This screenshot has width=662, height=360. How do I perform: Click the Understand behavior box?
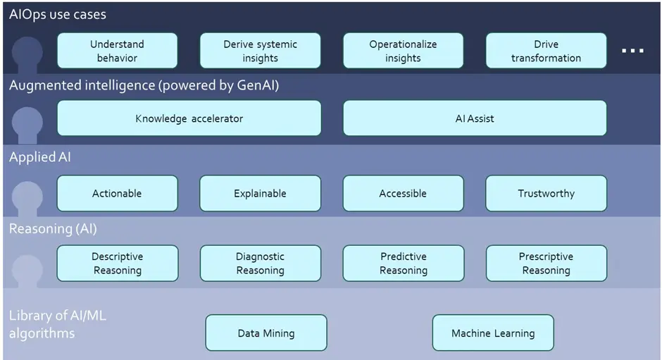(117, 51)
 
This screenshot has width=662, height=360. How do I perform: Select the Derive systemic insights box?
(260, 51)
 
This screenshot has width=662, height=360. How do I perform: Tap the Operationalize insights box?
(403, 51)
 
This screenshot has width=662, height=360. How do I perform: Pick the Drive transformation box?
(546, 51)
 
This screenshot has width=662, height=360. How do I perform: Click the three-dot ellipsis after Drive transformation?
(632, 51)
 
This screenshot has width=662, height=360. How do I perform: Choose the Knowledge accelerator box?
(189, 118)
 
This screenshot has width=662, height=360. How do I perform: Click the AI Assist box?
(474, 118)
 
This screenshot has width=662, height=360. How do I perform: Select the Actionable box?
(117, 193)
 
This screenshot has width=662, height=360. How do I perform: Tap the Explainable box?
(260, 193)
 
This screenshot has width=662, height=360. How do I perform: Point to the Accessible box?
(403, 193)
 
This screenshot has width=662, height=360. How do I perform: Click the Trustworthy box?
(546, 193)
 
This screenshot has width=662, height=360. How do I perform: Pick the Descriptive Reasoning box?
(117, 263)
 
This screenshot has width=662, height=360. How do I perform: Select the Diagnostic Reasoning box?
(260, 263)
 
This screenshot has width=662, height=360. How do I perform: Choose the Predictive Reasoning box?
(403, 263)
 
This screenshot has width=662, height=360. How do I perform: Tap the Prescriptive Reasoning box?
(546, 263)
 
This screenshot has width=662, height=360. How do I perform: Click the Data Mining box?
(266, 333)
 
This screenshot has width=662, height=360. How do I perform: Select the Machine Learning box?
(492, 333)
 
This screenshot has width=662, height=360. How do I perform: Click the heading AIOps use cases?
(58, 14)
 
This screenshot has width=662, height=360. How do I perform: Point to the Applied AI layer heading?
(40, 157)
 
